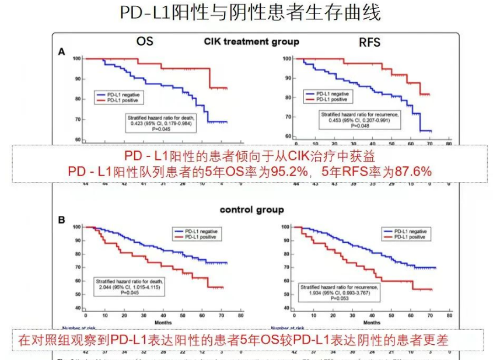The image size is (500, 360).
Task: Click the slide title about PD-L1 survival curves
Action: (x=250, y=13)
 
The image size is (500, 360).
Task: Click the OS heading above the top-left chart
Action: (x=145, y=41)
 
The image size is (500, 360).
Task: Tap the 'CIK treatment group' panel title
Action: (x=251, y=41)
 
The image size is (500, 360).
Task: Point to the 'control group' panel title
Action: (x=251, y=209)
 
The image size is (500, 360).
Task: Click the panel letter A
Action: (x=61, y=52)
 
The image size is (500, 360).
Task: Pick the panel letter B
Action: (x=61, y=220)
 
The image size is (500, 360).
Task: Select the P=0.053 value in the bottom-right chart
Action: (x=340, y=298)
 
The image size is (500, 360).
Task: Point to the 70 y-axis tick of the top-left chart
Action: (x=76, y=120)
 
